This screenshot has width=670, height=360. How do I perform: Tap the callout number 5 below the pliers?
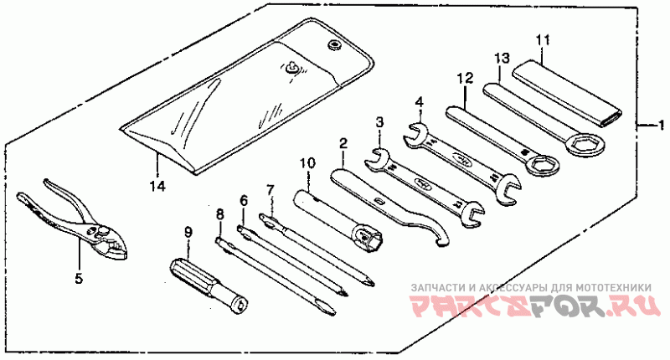tap(79, 279)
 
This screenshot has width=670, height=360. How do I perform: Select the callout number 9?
tap(188, 231)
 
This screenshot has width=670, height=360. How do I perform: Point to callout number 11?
tap(542, 39)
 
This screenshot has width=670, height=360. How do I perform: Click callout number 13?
tap(502, 59)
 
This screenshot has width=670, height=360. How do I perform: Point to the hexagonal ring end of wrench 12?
tap(539, 166)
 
